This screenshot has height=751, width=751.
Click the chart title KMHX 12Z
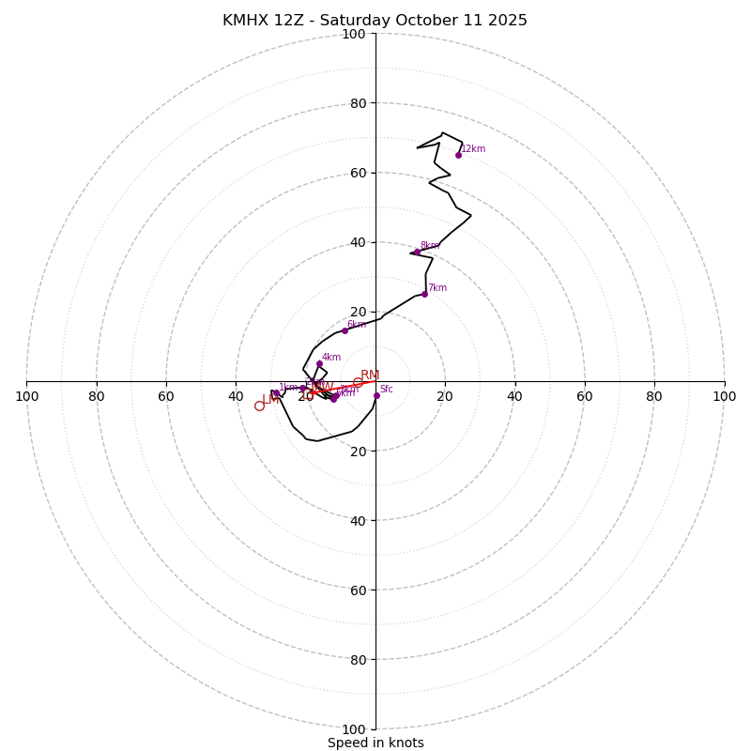click(375, 21)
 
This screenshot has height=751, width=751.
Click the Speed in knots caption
click(375, 743)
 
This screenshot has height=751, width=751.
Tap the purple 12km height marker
click(458, 155)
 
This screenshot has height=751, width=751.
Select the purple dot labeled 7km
click(424, 294)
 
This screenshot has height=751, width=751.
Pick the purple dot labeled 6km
click(345, 330)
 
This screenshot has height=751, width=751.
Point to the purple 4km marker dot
click(319, 363)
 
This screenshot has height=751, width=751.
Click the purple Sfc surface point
click(376, 395)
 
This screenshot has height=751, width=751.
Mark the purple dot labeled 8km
click(417, 252)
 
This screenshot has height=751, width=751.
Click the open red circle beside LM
click(259, 406)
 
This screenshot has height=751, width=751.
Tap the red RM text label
click(370, 375)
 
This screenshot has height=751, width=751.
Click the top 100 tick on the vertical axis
click(354, 34)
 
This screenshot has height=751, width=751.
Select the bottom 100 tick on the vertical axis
click(354, 729)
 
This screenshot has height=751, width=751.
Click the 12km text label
click(473, 149)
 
